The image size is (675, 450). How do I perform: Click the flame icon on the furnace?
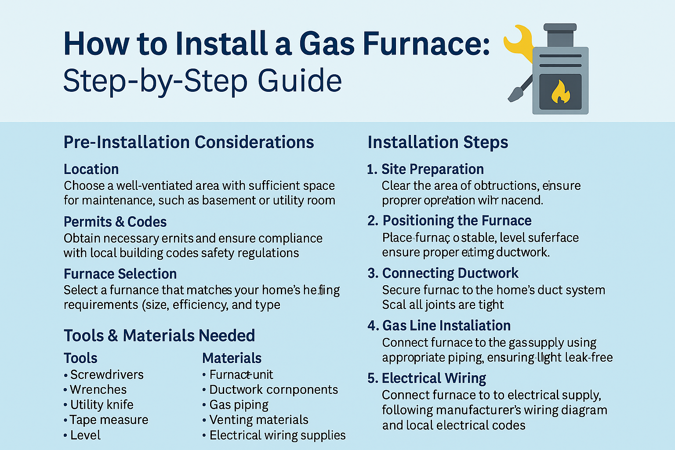560,92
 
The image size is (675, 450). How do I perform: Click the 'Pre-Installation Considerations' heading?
189,142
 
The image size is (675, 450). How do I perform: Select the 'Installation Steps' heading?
438,142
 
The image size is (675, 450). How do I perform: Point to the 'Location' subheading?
91,169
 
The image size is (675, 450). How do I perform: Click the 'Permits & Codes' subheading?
115,221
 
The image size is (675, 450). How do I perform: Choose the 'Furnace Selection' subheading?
120,274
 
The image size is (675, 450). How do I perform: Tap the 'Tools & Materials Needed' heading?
159,336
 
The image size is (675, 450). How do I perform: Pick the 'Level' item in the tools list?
85,435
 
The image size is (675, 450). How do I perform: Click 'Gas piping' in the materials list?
239,405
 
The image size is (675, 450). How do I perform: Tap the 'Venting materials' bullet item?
259,420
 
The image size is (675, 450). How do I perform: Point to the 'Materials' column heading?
232,358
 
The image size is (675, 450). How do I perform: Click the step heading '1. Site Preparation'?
425,169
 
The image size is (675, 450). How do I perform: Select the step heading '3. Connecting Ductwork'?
443,273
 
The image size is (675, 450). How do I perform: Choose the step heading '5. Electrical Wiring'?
427,378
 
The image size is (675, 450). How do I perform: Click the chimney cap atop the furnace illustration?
560,28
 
